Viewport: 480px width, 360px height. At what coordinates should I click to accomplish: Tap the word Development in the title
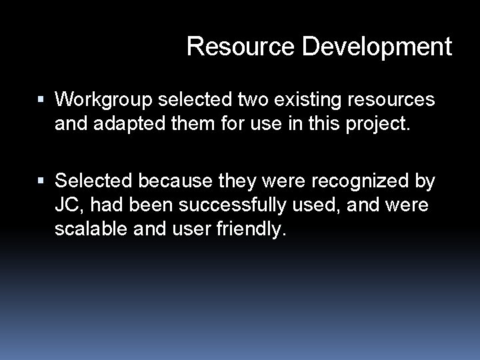coord(377,47)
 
